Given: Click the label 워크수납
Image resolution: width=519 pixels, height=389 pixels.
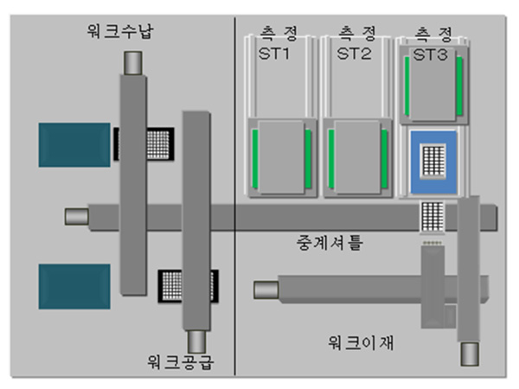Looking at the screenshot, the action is pos(120,31).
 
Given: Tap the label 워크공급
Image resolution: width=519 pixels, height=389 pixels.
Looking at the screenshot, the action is pos(181,362).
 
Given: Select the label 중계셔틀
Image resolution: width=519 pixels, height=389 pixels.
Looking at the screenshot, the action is pos(330,243).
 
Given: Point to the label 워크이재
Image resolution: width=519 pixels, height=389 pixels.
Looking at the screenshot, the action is pos(361,342).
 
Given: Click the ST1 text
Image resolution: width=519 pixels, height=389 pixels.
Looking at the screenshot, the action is pos(274,54).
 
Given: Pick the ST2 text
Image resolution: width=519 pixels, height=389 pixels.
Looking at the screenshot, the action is pos(354,54).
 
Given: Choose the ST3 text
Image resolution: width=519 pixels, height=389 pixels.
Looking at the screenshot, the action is pos(430,54).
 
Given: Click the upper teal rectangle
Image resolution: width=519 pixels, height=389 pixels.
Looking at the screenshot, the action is pos(74,145).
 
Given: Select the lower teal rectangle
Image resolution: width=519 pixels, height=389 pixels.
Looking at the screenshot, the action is pos(74,286).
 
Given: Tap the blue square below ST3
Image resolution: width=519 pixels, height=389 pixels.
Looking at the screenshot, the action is pos(433,163).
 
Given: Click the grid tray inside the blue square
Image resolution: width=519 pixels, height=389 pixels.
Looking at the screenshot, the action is pos(433,162).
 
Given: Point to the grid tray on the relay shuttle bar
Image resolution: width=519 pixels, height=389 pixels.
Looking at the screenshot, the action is pos(432,217).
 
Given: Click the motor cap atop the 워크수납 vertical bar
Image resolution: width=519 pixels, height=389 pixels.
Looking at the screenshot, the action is pos(133,63).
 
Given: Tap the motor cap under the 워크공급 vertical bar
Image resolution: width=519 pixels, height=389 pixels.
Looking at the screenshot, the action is pos(196,341).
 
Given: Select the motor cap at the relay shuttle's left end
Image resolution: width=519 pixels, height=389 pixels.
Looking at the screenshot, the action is pos(76,217).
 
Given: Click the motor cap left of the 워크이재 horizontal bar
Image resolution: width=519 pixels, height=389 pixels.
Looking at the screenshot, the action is pos(266,290).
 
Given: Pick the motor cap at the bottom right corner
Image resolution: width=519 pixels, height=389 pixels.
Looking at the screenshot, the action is pos(470,354).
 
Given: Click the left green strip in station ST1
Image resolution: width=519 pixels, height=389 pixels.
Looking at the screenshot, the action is pos(255,159).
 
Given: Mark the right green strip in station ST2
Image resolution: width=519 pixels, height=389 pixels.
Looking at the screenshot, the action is pos(384,159).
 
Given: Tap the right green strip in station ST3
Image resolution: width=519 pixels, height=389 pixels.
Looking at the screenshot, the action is pos(459,86).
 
